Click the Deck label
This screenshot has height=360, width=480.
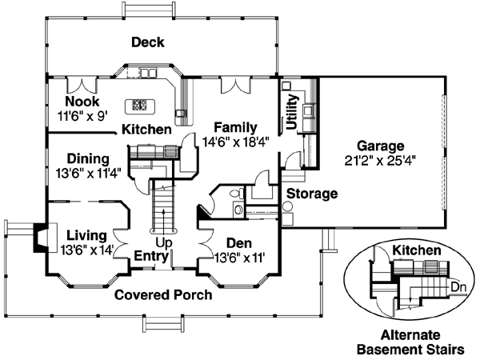(148, 42)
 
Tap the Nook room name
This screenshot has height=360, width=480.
(83, 102)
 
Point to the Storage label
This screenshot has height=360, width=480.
(312, 194)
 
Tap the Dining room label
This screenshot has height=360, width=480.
(88, 158)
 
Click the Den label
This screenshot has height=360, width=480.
(238, 243)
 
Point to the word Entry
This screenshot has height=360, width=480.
(150, 256)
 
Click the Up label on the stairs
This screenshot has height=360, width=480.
(163, 242)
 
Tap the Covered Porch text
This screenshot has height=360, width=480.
(163, 294)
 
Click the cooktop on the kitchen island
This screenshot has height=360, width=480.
(138, 104)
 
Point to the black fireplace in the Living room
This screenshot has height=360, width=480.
(38, 236)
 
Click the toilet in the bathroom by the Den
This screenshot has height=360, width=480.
(234, 194)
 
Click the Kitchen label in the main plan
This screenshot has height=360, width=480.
(146, 130)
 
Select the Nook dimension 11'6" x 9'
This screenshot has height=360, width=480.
(83, 115)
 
